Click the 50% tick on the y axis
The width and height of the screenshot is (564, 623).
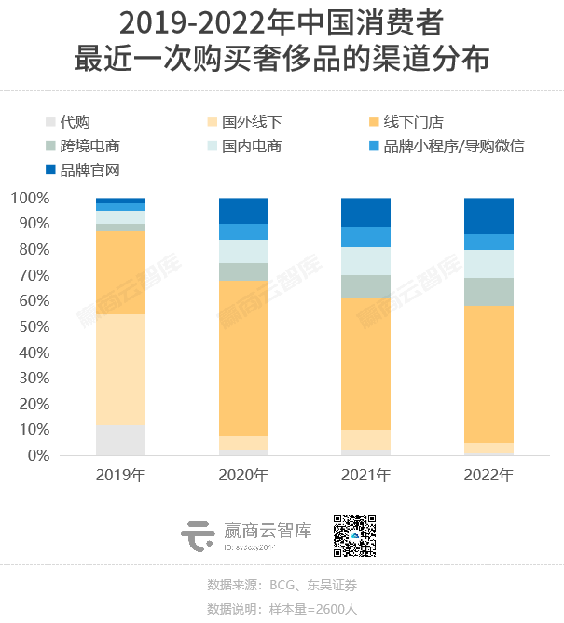coord(31,327)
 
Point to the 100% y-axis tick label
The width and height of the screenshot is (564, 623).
coord(28,199)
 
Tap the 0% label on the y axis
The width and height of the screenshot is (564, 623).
coord(34,456)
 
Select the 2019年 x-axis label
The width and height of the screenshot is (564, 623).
coord(121,476)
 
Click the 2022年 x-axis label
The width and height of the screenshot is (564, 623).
coord(488,476)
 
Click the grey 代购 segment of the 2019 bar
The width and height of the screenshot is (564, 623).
coord(121,440)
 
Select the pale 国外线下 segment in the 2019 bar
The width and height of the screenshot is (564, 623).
coord(121,369)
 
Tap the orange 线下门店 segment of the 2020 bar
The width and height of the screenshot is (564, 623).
coord(243,358)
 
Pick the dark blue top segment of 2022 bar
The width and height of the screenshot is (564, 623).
coord(488,215)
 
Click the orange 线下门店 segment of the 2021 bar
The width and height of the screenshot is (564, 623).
coord(366,364)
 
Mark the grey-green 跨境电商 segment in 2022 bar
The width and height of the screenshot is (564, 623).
coord(488,292)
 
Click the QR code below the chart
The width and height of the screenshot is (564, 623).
coord(354,535)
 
